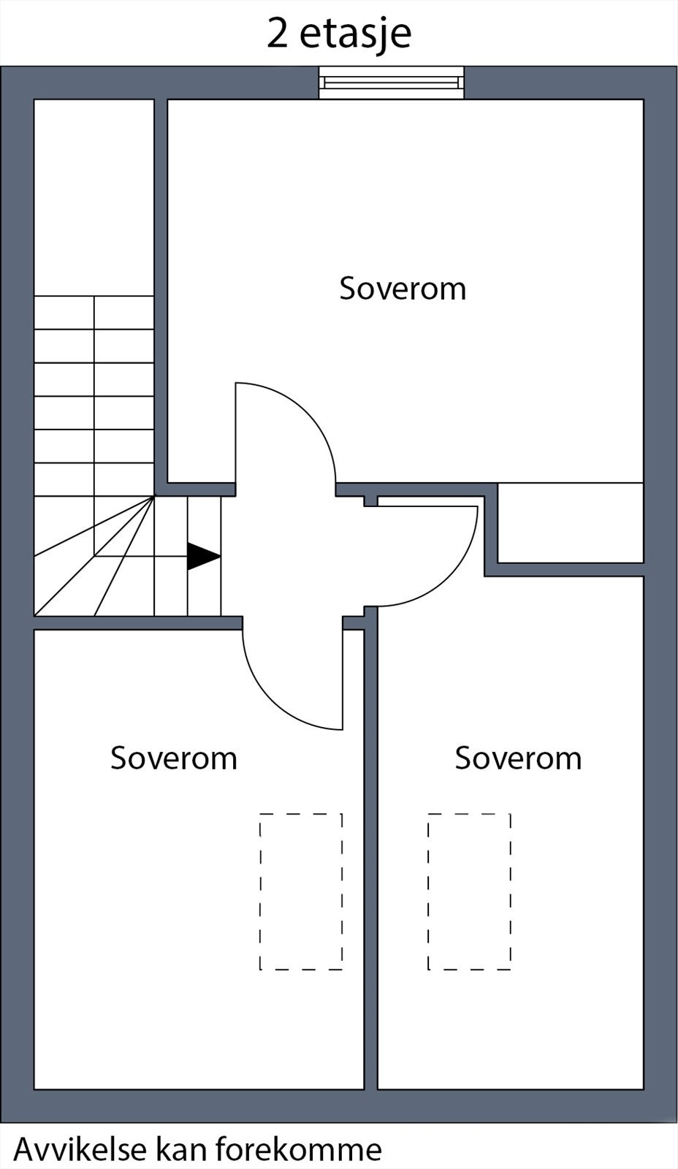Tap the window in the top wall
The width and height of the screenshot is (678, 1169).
pyautogui.click(x=391, y=83)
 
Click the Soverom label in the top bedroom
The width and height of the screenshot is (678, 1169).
pyautogui.click(x=403, y=288)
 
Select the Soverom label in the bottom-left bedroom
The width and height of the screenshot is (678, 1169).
pyautogui.click(x=174, y=758)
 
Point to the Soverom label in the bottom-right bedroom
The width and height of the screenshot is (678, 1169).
pyautogui.click(x=518, y=758)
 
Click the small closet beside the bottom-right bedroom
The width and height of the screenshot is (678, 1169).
pyautogui.click(x=571, y=523)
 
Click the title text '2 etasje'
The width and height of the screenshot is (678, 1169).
pyautogui.click(x=339, y=33)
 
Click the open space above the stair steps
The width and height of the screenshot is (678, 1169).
pyautogui.click(x=94, y=197)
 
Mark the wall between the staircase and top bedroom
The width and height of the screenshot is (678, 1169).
pyautogui.click(x=161, y=292)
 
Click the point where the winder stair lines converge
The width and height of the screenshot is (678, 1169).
pyautogui.click(x=154, y=496)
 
